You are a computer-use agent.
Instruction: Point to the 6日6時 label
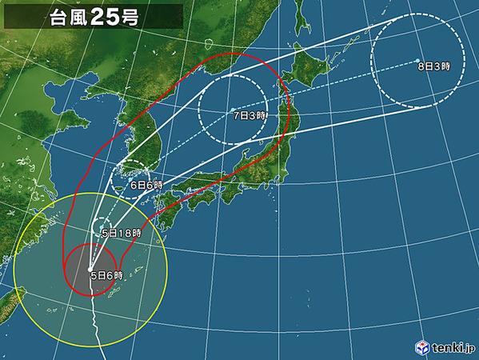(146, 185)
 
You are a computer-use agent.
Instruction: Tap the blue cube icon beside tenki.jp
(421, 346)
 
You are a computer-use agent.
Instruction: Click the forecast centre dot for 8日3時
(420, 60)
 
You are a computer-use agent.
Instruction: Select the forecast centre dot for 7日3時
(232, 110)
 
